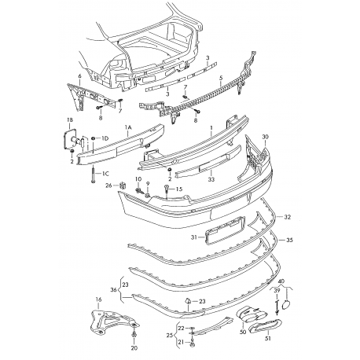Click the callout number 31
[193, 237]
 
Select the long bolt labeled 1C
[94, 174]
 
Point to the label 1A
[128, 127]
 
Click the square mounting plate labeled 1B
[69, 139]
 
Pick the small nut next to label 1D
[94, 138]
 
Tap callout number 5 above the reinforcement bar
[221, 78]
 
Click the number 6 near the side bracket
[80, 76]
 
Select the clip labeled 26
[123, 186]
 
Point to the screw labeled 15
[167, 190]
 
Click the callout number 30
[266, 137]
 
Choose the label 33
[211, 179]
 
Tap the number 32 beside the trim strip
[288, 217]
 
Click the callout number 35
[289, 240]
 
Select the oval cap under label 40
[286, 305]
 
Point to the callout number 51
[267, 339]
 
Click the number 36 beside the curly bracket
[114, 290]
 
